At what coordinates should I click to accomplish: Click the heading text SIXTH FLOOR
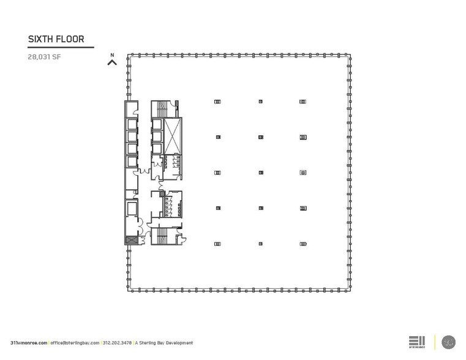click(x=56, y=39)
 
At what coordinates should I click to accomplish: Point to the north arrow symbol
click(x=112, y=62)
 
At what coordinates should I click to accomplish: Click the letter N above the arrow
click(x=112, y=55)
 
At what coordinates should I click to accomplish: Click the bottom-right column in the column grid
click(x=303, y=244)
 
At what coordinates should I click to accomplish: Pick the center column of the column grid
click(x=261, y=173)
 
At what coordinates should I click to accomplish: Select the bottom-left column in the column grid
click(x=218, y=244)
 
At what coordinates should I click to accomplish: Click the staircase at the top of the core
click(x=162, y=108)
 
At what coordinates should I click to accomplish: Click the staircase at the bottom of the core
click(x=162, y=236)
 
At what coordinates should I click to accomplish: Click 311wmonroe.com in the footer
click(x=29, y=343)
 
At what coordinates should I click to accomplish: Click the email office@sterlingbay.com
click(x=75, y=343)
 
